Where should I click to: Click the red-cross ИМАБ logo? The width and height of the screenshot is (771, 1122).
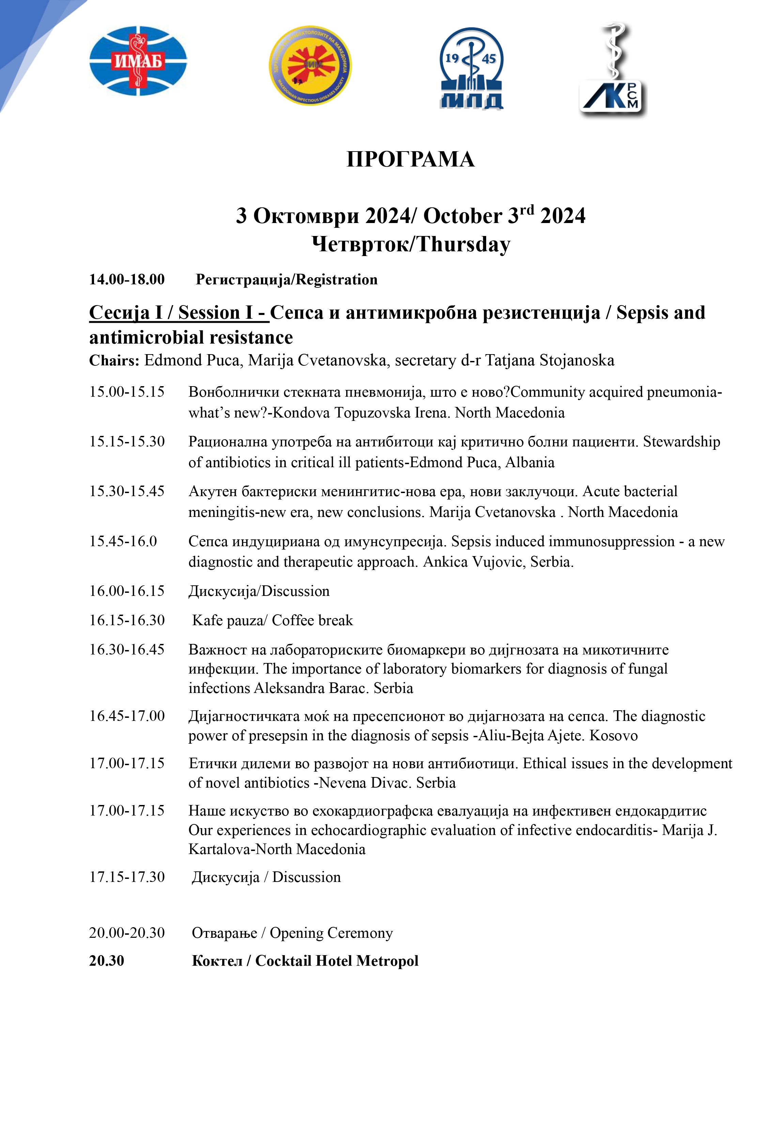click(138, 61)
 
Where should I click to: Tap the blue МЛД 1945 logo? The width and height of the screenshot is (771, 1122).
click(472, 68)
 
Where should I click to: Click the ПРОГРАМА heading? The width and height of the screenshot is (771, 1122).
click(411, 159)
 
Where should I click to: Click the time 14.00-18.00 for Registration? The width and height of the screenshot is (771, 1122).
click(126, 280)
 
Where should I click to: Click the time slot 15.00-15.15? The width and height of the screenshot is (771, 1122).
click(126, 392)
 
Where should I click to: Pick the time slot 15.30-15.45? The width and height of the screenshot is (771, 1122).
click(126, 491)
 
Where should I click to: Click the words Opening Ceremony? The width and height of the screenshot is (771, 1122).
click(331, 933)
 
